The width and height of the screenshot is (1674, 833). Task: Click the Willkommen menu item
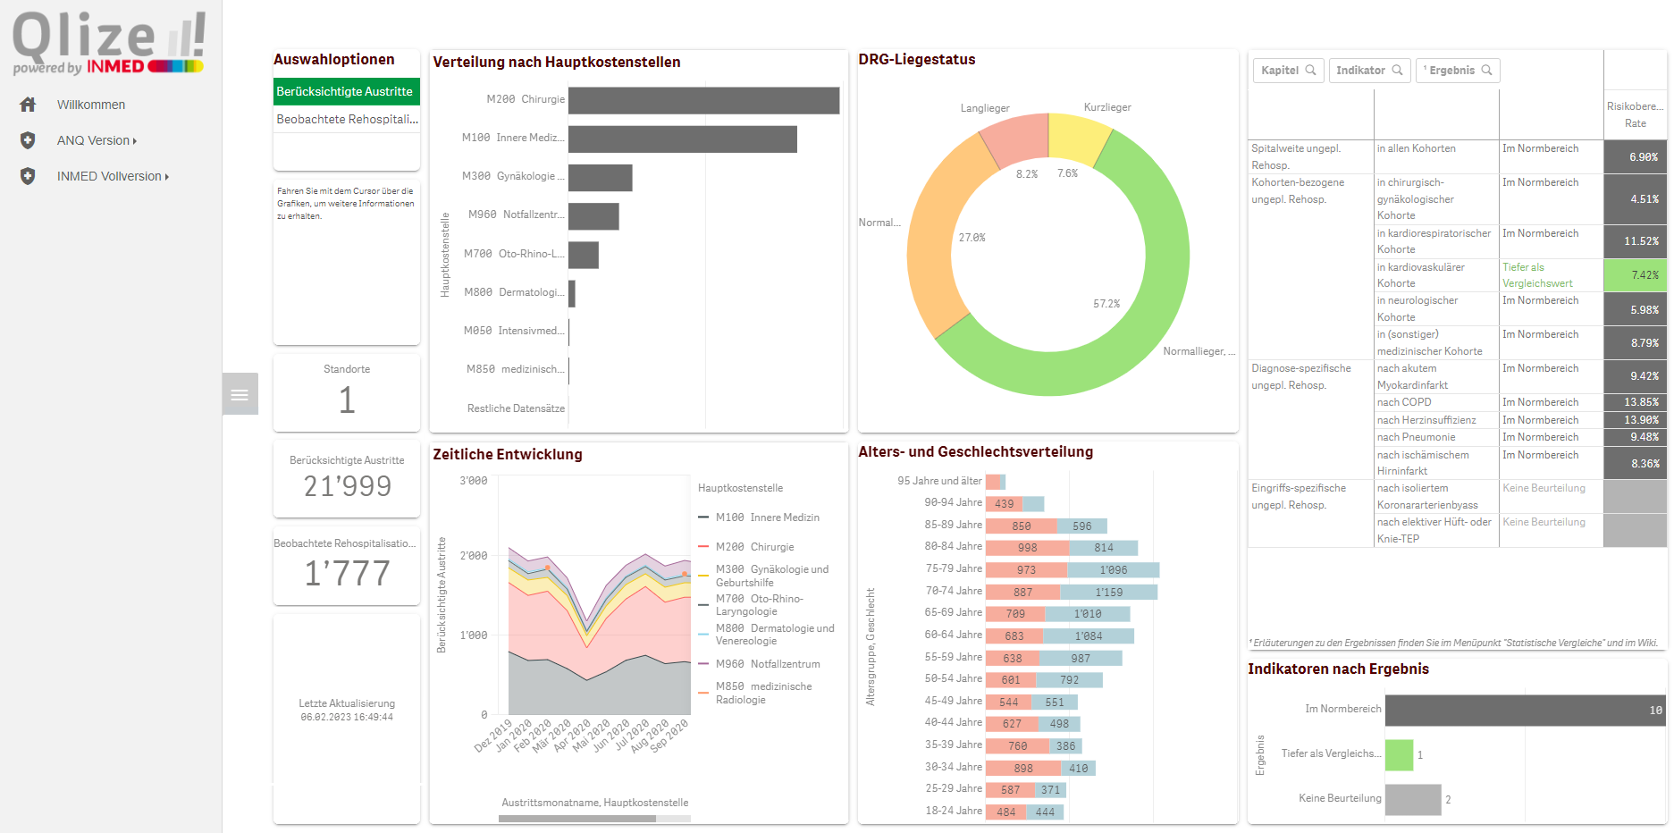[90, 105]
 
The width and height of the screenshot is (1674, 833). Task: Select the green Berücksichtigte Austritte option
[346, 91]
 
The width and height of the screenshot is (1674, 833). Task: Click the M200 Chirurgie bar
[703, 100]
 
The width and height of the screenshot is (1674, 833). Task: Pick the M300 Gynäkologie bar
[600, 178]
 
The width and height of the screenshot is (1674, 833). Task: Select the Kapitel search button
[1288, 71]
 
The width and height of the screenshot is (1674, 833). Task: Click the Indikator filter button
[1368, 71]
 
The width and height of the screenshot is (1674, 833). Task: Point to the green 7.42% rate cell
[1635, 275]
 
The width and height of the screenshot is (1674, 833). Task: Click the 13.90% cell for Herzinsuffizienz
[1635, 420]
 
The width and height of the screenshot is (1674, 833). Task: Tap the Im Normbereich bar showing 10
[1524, 711]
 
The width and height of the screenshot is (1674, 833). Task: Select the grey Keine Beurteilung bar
[1412, 800]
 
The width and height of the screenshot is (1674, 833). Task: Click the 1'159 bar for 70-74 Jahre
[1108, 592]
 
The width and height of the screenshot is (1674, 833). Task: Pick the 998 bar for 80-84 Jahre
[1027, 548]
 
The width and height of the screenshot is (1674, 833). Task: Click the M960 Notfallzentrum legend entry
[767, 664]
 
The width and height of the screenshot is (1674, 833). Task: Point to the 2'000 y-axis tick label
[474, 556]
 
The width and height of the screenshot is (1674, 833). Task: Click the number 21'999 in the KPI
[347, 486]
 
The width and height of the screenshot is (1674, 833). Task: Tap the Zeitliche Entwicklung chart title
[507, 454]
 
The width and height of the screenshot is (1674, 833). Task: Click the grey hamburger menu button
[240, 394]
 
